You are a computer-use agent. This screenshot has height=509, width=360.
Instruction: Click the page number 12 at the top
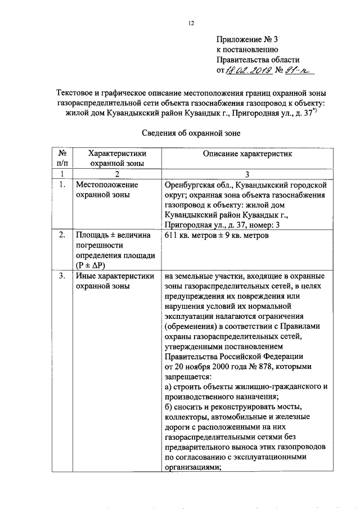point(191,23)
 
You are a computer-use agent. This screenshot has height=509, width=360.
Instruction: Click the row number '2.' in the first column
point(62,236)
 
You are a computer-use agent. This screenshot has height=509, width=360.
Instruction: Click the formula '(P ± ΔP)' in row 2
point(91,266)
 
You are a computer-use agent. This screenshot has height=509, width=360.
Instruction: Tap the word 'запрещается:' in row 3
point(188,377)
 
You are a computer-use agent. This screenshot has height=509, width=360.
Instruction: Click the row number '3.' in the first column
point(62,276)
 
